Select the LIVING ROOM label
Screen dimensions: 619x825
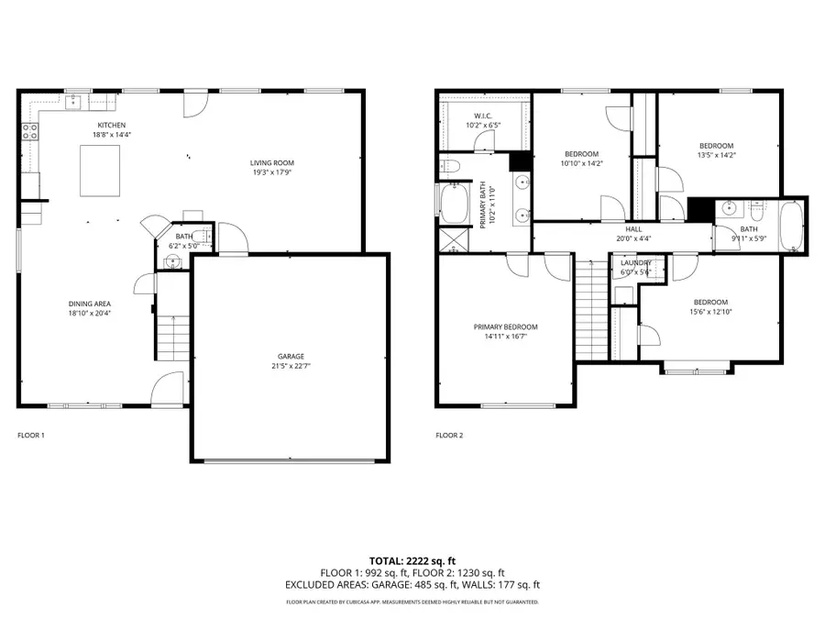[x=273, y=163]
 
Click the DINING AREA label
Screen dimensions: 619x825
[x=90, y=304]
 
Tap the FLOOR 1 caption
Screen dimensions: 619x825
[x=31, y=435]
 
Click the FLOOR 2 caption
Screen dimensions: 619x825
[x=449, y=435]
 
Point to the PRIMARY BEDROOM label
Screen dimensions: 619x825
[x=505, y=326]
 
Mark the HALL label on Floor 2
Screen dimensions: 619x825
[x=633, y=229]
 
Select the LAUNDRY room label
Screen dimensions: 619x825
[x=635, y=262]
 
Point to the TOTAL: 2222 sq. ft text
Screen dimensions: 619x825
[x=412, y=559]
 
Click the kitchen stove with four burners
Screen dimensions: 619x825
[x=30, y=131]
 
